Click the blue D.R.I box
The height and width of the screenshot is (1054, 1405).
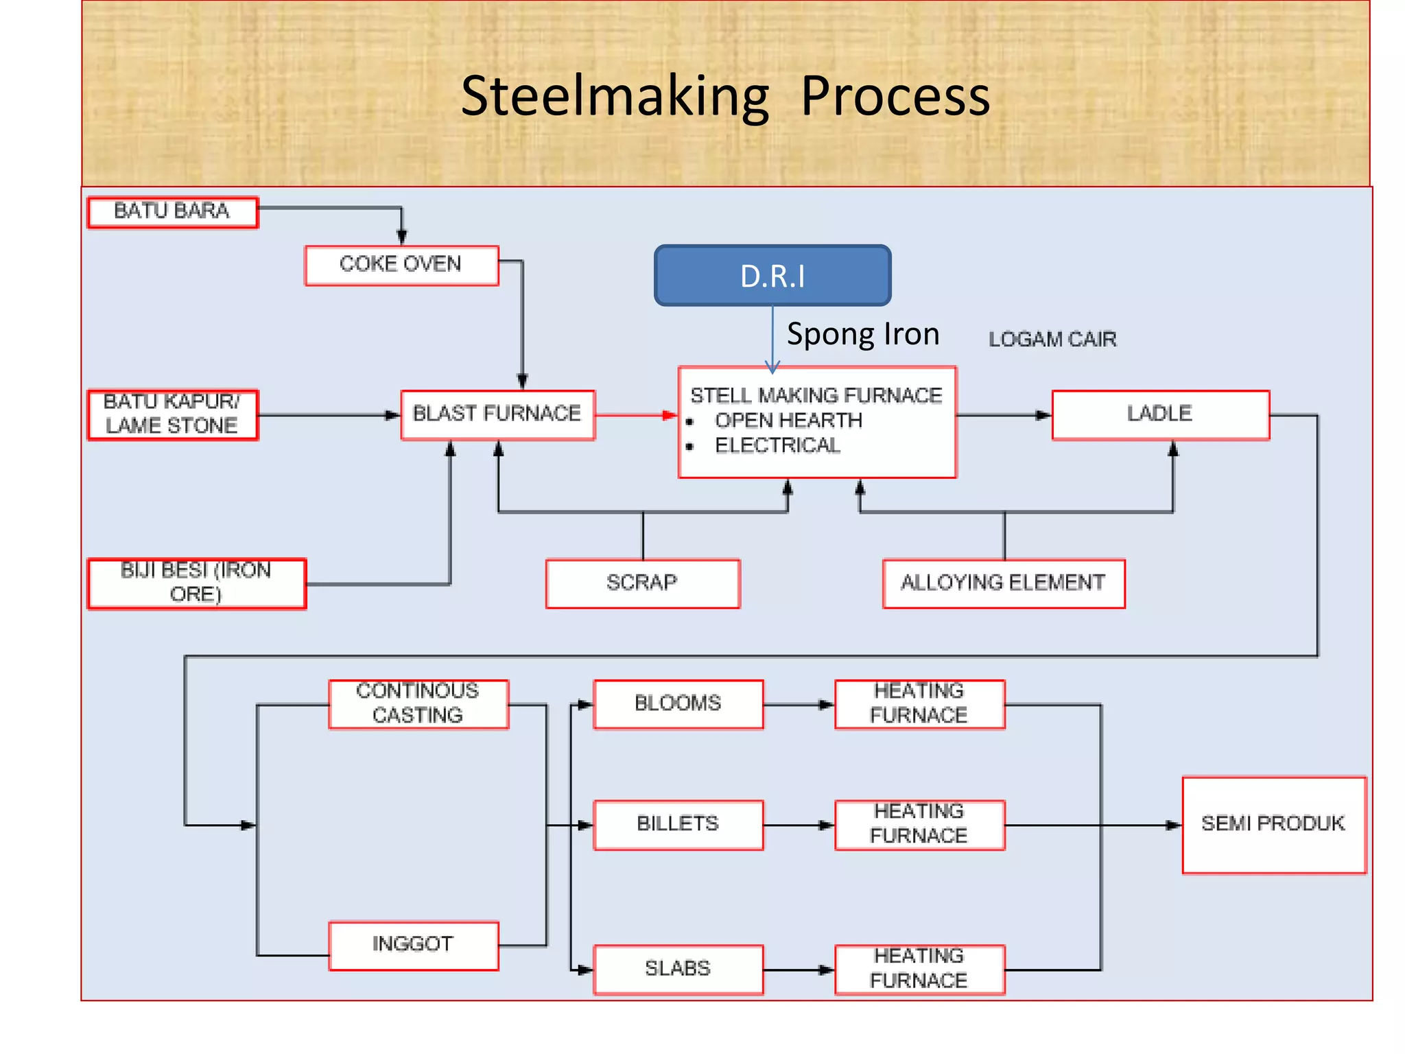point(772,276)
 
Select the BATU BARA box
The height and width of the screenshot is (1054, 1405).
point(172,211)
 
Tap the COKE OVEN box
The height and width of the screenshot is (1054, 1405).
point(401,265)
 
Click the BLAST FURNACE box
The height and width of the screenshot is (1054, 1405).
point(497,414)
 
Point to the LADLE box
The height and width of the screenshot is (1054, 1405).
point(1160,414)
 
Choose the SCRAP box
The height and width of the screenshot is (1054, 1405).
point(642,583)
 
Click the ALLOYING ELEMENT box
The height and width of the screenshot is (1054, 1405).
point(1003,583)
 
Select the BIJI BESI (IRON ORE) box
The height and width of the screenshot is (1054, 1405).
point(196,583)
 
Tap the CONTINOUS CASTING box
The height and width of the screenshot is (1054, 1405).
point(418,704)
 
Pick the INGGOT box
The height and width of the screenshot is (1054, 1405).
point(413,945)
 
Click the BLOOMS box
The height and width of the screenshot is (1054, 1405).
point(678,704)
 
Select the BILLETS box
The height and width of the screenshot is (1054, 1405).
point(678,824)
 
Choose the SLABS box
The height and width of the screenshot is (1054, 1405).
point(678,969)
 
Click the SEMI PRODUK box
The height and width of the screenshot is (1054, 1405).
point(1273,824)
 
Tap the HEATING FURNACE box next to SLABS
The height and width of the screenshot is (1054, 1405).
point(919,969)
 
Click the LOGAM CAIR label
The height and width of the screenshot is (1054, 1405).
point(1052,340)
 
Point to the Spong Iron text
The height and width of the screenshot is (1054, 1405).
point(862,335)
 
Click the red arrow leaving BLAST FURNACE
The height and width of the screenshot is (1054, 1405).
point(635,415)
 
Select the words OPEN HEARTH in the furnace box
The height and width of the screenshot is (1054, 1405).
point(788,421)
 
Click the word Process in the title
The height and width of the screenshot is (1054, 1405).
point(895,97)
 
